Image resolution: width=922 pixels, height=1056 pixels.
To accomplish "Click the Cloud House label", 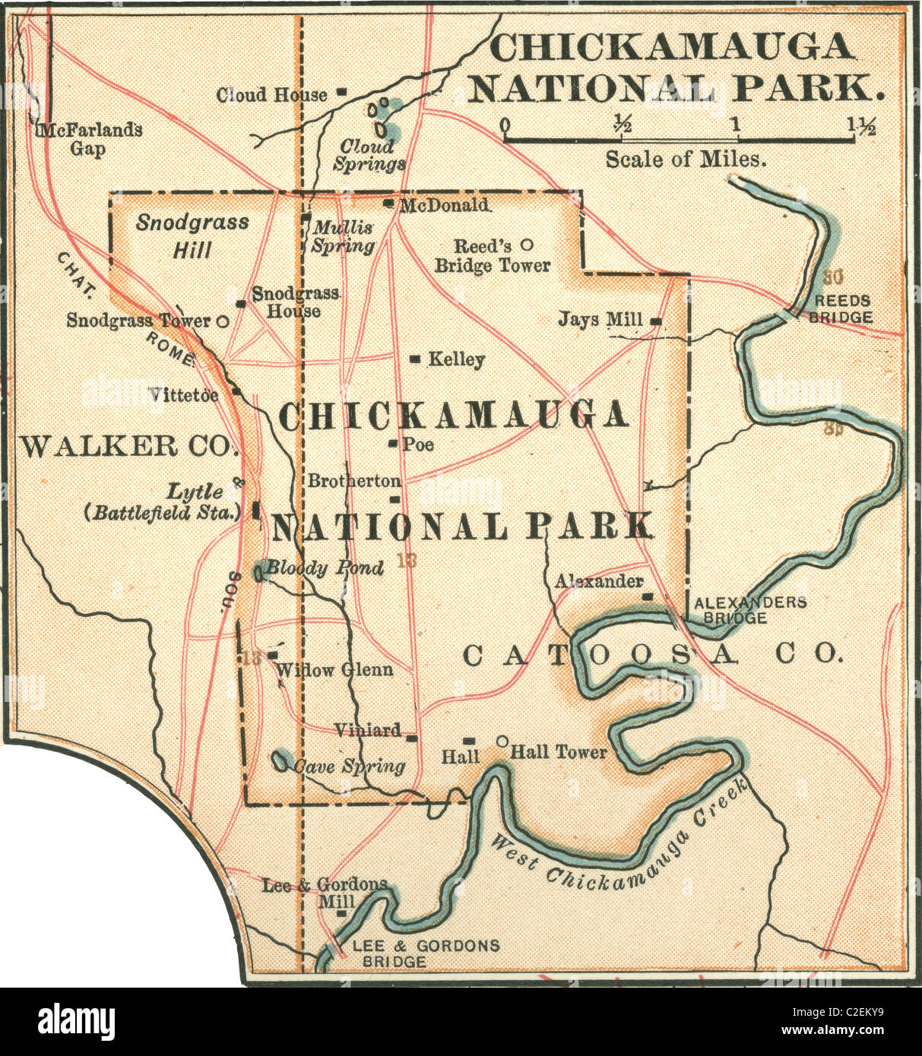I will tap(271, 95).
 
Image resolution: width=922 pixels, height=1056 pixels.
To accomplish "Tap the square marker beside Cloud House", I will tap(342, 93).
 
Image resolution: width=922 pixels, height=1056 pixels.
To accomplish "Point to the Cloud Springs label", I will tap(372, 155).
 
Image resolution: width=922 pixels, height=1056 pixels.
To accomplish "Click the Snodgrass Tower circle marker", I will tap(223, 321).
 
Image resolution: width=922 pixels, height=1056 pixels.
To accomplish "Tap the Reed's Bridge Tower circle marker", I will tap(525, 245).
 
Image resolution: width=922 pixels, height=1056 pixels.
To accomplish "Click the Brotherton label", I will tap(353, 481).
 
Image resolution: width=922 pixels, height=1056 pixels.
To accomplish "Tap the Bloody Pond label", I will tap(325, 568).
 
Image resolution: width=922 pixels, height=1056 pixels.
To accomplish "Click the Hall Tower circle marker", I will tap(502, 741).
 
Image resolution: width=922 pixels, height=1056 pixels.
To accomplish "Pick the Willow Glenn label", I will tap(334, 669).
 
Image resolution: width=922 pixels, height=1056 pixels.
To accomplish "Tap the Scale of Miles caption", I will tap(685, 160).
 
